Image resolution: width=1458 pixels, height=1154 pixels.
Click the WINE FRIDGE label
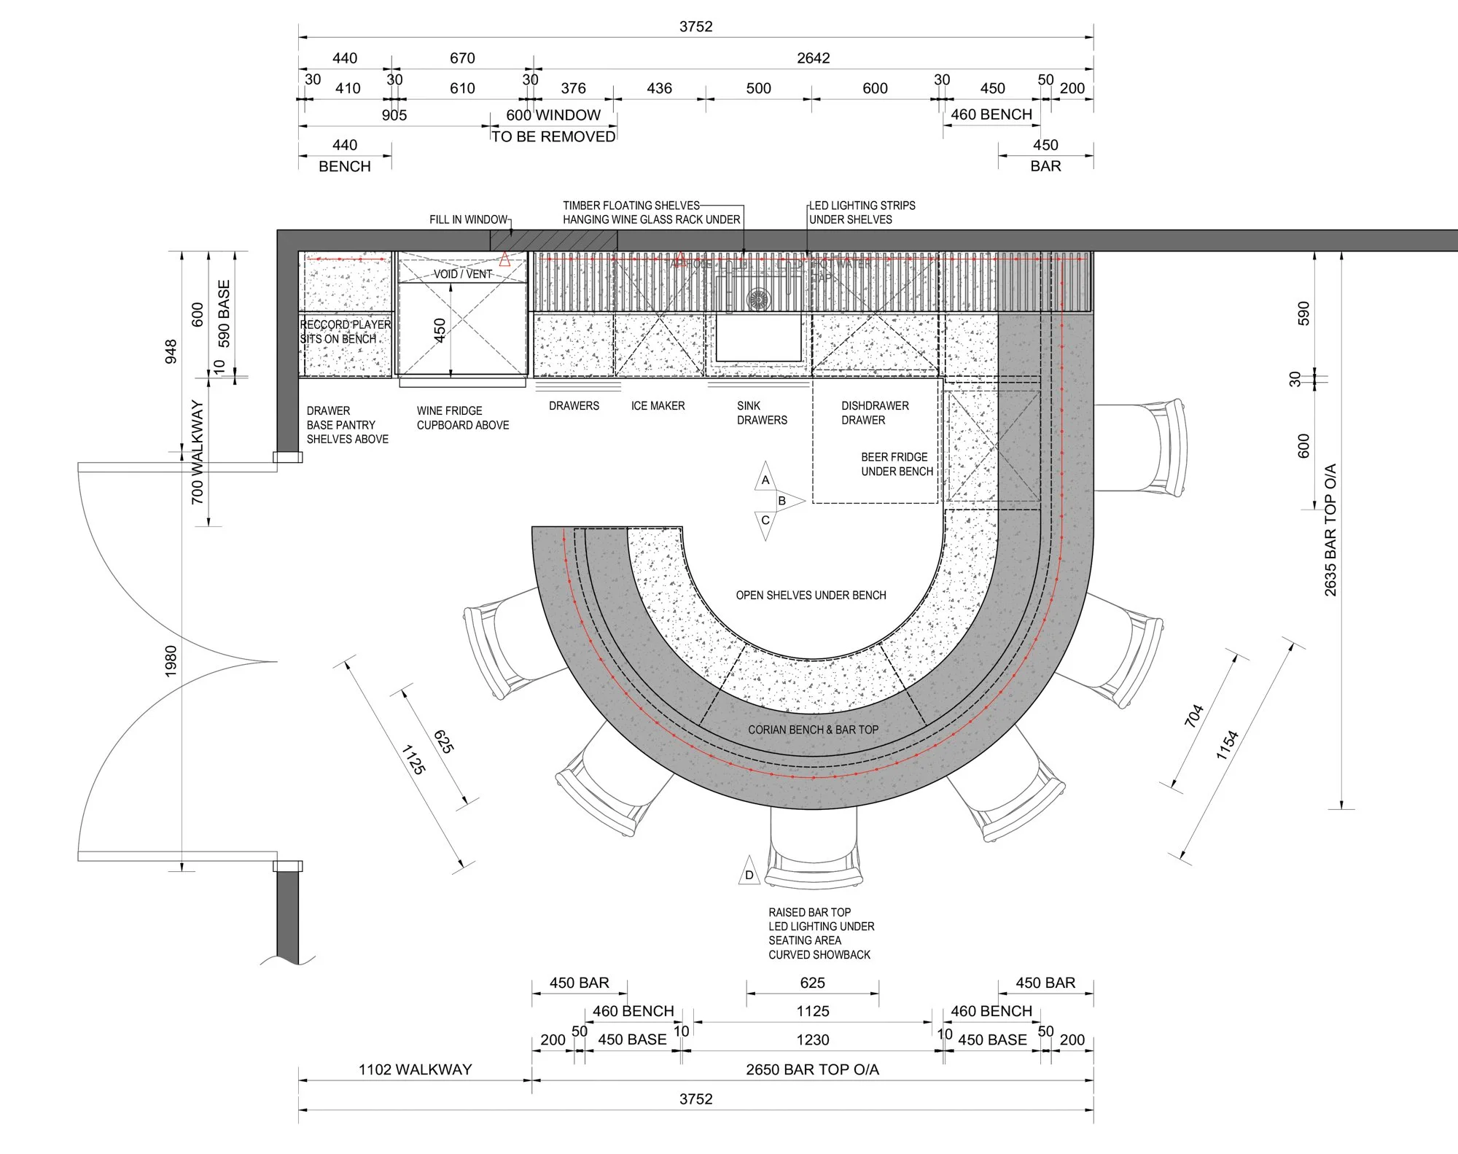[449, 410]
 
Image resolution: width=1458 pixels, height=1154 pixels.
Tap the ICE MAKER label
[658, 405]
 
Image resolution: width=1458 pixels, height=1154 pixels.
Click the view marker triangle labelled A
[765, 478]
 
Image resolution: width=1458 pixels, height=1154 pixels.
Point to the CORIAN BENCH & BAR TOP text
[813, 729]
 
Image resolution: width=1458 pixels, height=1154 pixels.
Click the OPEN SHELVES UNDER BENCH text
[811, 595]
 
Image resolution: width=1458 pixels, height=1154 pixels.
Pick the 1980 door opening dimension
[171, 661]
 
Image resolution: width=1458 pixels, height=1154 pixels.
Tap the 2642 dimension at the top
[813, 58]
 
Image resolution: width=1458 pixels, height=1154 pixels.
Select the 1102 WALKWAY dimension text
[415, 1069]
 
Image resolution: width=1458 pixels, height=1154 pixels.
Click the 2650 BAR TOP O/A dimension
[812, 1069]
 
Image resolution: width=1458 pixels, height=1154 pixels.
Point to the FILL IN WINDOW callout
[468, 219]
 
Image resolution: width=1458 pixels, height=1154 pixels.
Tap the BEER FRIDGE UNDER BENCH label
[896, 464]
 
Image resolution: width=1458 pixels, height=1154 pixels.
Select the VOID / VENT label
[463, 274]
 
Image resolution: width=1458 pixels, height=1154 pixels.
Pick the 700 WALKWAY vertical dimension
[197, 452]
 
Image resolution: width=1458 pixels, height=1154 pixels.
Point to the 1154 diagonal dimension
[1228, 744]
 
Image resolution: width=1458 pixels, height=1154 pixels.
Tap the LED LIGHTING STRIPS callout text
[862, 212]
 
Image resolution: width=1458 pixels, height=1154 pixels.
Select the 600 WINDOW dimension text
[553, 114]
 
